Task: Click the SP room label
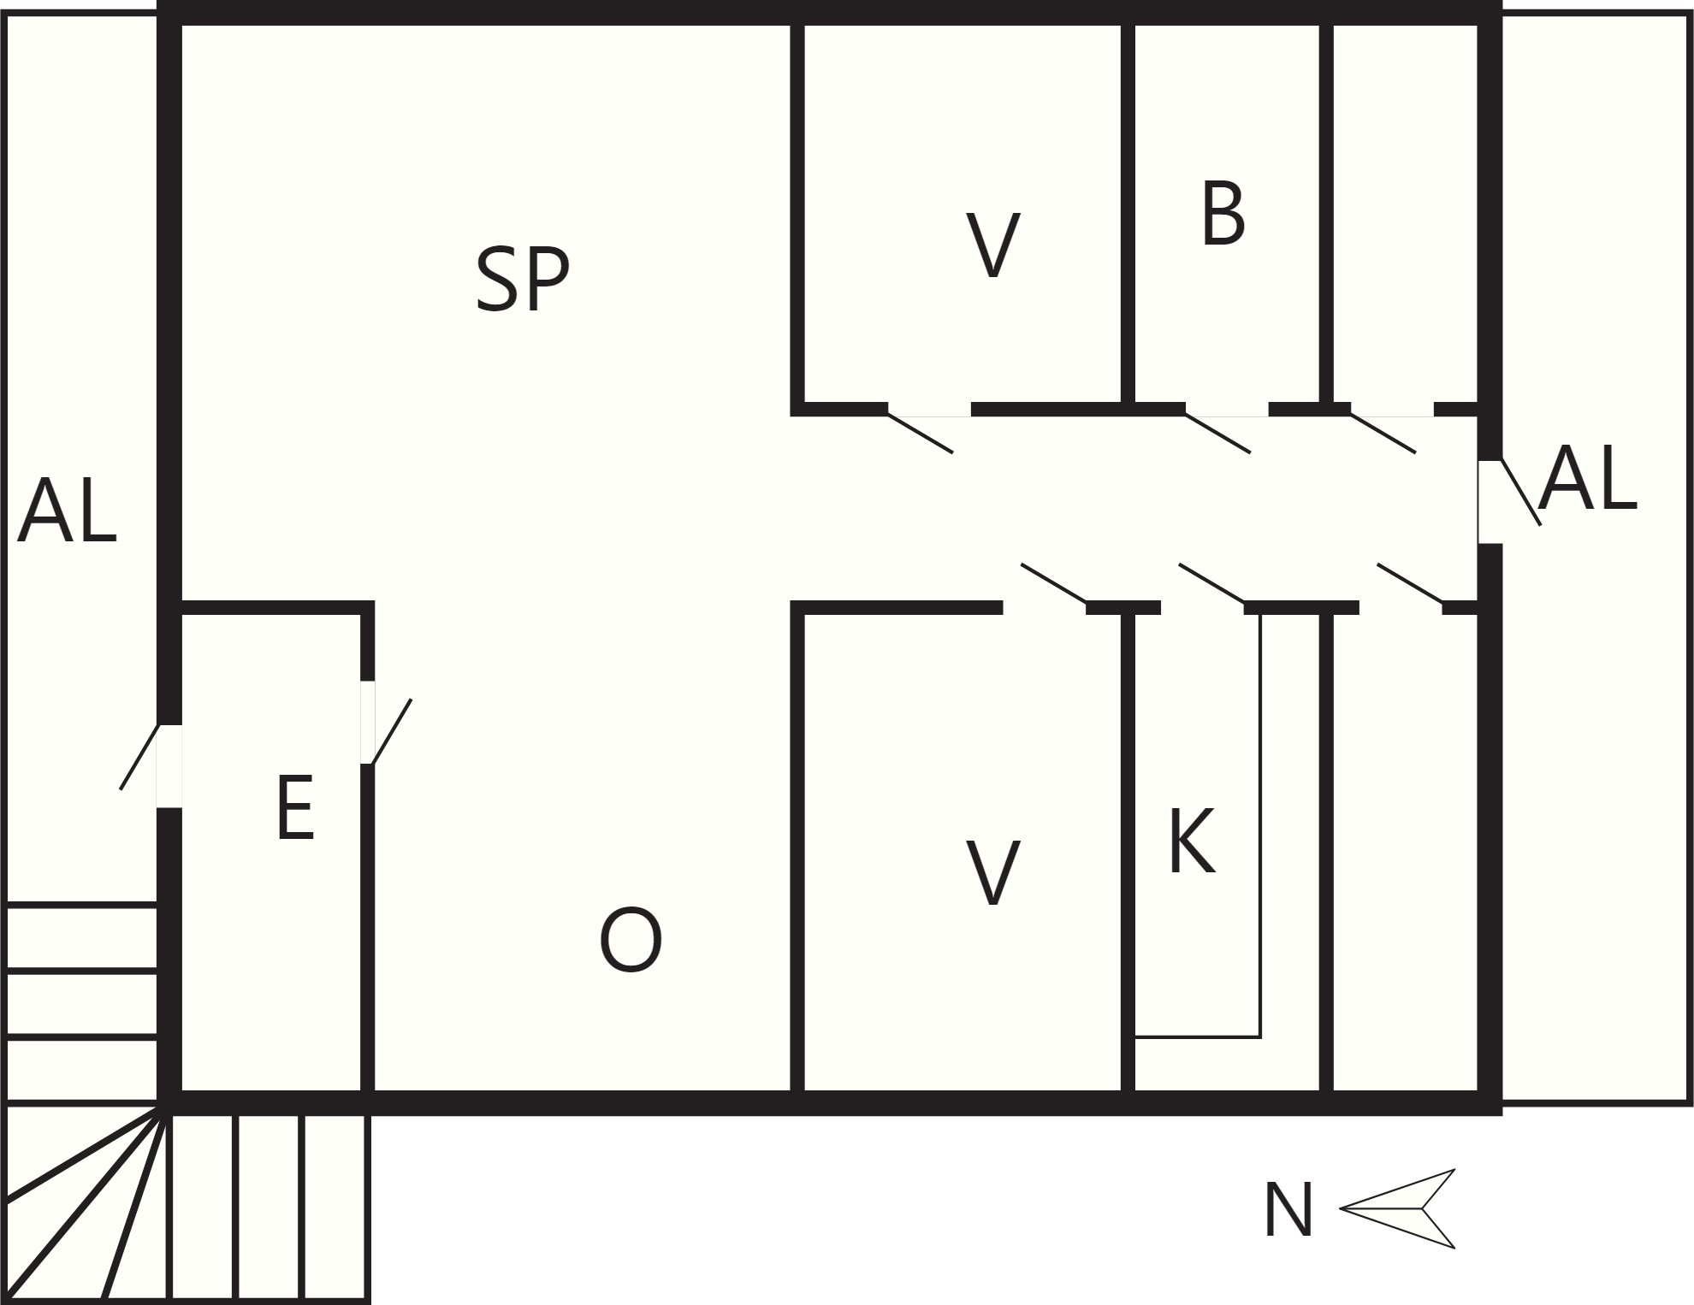pyautogui.click(x=523, y=279)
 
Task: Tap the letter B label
pyautogui.click(x=1223, y=214)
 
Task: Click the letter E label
pyautogui.click(x=295, y=808)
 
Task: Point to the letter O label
pyautogui.click(x=631, y=940)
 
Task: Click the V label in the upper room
pyautogui.click(x=992, y=245)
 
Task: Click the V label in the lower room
pyautogui.click(x=992, y=872)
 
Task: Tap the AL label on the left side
pyautogui.click(x=67, y=511)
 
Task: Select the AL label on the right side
pyautogui.click(x=1587, y=479)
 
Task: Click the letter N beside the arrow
pyautogui.click(x=1288, y=1209)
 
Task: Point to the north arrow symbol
pyautogui.click(x=1397, y=1208)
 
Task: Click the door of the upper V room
pyautogui.click(x=921, y=433)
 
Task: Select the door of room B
pyautogui.click(x=1218, y=433)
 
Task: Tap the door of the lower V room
pyautogui.click(x=1054, y=583)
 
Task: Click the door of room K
pyautogui.click(x=1211, y=583)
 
